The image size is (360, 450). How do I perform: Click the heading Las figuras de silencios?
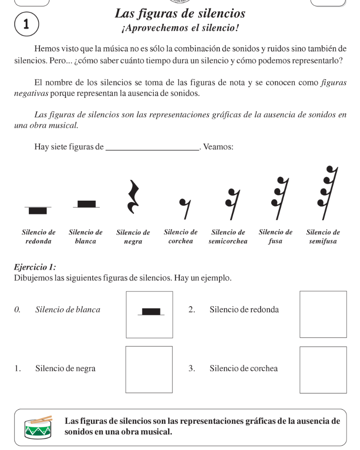coord(180,14)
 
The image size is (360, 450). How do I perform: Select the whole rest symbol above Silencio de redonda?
coord(38,210)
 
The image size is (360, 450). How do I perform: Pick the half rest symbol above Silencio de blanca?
coord(86,204)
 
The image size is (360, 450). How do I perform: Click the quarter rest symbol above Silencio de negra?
coord(133,196)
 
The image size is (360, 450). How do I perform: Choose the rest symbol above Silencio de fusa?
coord(278,197)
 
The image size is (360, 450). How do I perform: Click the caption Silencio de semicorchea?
coord(228,237)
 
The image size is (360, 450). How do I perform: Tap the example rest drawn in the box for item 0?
coord(151,311)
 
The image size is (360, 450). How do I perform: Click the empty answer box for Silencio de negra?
coord(149,369)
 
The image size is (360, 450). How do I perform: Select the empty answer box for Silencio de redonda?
coord(323,314)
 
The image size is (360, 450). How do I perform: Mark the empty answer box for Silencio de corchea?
coord(323,369)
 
